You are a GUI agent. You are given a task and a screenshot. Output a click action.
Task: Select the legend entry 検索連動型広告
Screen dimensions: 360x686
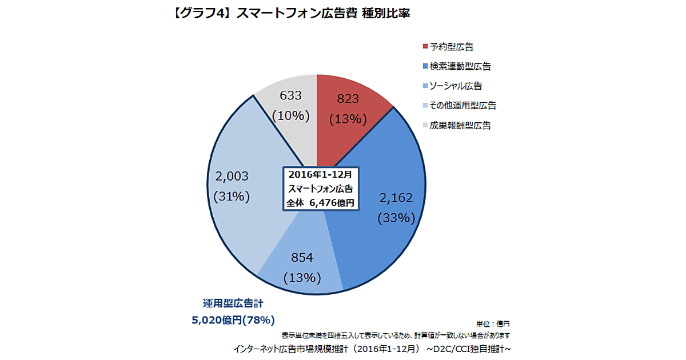(460, 66)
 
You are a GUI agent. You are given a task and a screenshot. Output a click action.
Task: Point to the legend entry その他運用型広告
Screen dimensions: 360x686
(462, 106)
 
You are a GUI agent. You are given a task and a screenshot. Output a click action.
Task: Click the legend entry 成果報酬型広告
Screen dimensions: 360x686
(460, 126)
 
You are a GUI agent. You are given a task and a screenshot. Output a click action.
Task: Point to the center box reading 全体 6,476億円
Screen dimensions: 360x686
(321, 202)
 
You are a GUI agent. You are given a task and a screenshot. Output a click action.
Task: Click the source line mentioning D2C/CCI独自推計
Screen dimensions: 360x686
(372, 348)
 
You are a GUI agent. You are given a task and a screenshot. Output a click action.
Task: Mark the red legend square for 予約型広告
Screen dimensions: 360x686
(425, 47)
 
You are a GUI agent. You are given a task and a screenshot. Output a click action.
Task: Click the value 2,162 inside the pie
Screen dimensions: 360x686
(396, 198)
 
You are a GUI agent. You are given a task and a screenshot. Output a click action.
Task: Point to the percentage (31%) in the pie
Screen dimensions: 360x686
(232, 197)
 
